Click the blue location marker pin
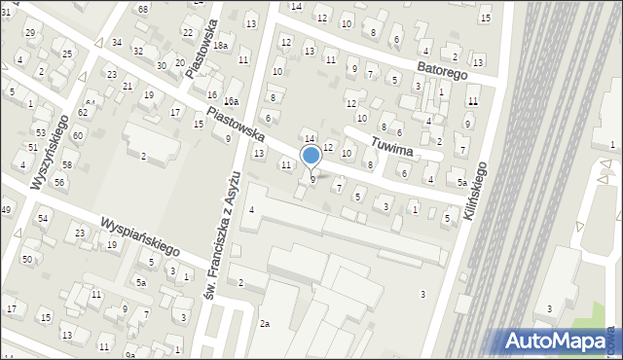tap(311, 157)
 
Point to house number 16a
tap(231, 101)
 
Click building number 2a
tap(264, 322)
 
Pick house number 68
tap(142, 9)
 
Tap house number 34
tap(117, 42)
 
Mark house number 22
tap(187, 32)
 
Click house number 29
tap(30, 33)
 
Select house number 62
tap(83, 113)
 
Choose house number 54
tap(43, 218)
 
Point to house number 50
tap(27, 258)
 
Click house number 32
tap(138, 50)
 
